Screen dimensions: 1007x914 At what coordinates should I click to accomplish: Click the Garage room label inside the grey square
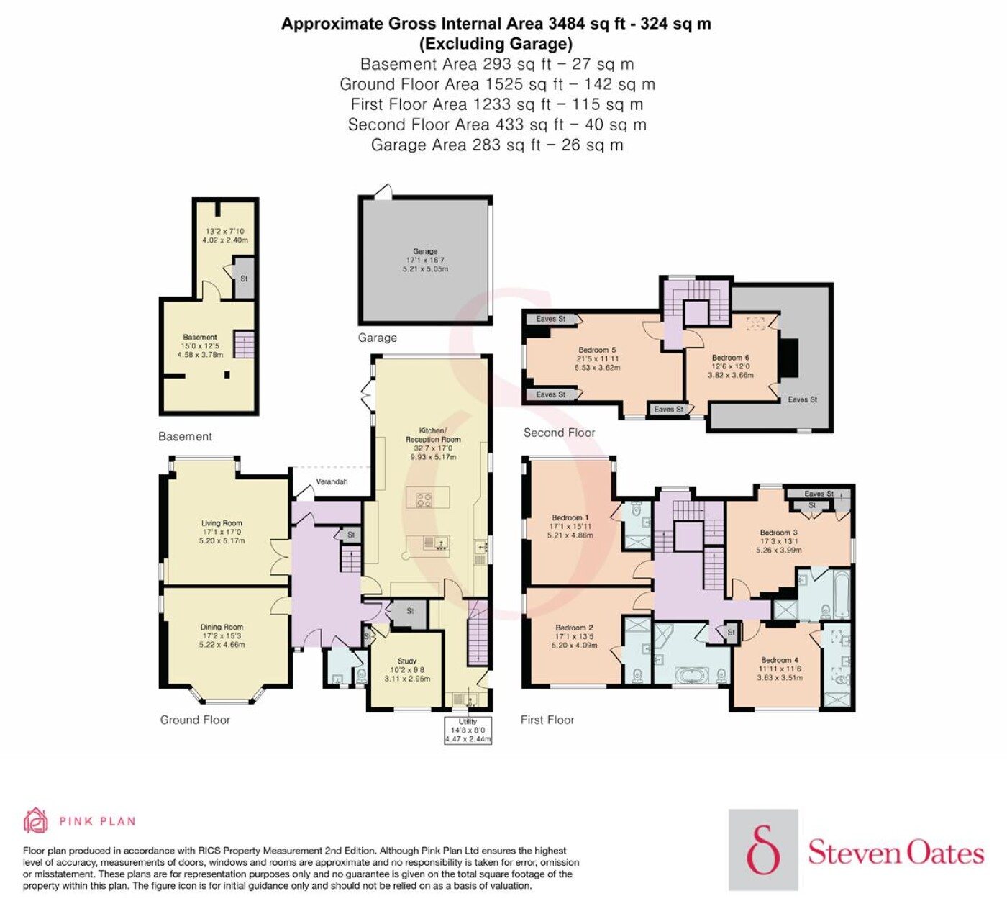pyautogui.click(x=424, y=251)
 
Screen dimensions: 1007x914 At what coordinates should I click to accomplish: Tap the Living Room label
pyautogui.click(x=222, y=523)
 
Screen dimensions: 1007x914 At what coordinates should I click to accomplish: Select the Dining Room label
pyautogui.click(x=222, y=627)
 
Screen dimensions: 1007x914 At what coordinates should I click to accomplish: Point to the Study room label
pyautogui.click(x=407, y=661)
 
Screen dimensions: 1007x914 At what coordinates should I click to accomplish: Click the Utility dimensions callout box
pyautogui.click(x=468, y=730)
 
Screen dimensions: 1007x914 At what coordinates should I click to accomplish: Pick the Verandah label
pyautogui.click(x=332, y=482)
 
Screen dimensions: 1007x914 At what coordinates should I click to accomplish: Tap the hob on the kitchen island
pyautogui.click(x=424, y=499)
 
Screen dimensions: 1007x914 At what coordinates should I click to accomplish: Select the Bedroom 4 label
pyautogui.click(x=780, y=660)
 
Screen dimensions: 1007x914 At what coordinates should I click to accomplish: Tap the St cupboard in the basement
pyautogui.click(x=244, y=278)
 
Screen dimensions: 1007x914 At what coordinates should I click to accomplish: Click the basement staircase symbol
pyautogui.click(x=244, y=344)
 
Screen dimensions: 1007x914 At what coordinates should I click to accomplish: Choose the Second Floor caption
pyautogui.click(x=559, y=433)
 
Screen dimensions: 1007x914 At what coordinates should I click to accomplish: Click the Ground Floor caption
pyautogui.click(x=195, y=720)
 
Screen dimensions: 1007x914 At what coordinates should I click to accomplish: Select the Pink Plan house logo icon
pyautogui.click(x=36, y=821)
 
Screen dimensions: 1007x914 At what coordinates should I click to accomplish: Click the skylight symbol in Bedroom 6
pyautogui.click(x=755, y=324)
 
